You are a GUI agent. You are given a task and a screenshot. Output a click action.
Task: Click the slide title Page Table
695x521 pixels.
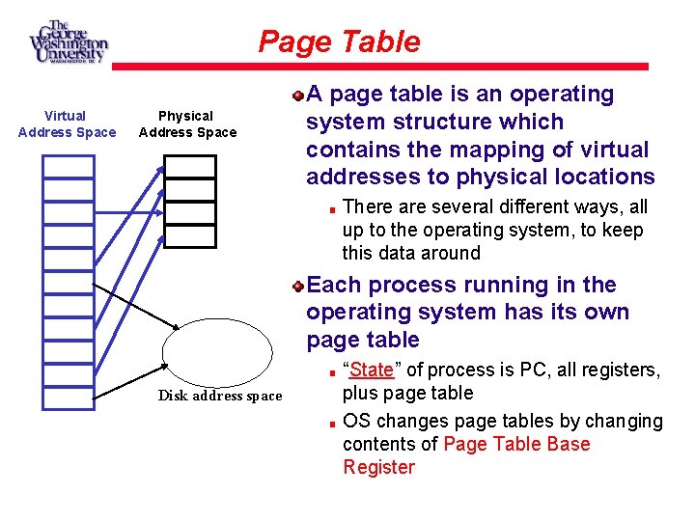[x=339, y=42]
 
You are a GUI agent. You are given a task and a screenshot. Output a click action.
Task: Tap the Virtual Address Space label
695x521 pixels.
[x=67, y=124]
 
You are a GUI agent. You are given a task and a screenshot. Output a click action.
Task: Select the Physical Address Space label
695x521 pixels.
[x=187, y=124]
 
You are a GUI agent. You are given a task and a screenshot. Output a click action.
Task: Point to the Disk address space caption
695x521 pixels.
[x=220, y=396]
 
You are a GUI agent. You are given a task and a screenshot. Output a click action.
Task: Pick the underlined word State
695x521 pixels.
[x=372, y=370]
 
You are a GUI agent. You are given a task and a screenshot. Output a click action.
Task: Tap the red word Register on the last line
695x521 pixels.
[x=378, y=468]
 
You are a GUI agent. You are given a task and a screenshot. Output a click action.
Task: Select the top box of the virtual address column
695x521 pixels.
[x=69, y=167]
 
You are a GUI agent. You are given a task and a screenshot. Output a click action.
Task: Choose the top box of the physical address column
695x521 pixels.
[x=189, y=167]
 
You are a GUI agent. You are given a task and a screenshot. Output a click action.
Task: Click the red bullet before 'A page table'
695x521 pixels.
[x=299, y=96]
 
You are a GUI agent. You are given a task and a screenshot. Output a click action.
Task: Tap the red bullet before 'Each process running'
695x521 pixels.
[x=299, y=286]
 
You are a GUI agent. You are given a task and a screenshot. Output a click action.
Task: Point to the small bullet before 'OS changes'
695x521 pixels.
[x=330, y=423]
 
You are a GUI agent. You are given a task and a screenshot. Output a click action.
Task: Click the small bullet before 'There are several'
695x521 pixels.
[x=330, y=208]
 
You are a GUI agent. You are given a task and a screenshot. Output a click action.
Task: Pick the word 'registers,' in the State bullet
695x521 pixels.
[x=625, y=370]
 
